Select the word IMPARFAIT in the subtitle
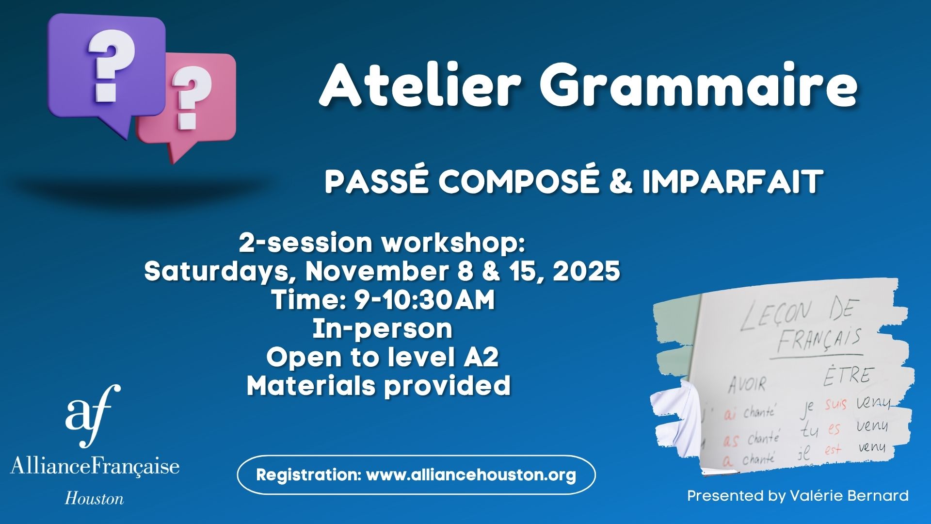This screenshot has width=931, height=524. [x=732, y=181]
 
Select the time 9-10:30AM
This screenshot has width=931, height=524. [x=425, y=299]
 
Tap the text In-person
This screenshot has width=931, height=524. [x=383, y=328]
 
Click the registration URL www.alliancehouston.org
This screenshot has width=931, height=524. [x=471, y=475]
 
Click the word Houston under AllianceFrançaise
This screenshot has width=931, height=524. [x=95, y=498]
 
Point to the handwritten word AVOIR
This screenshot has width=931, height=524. [x=747, y=385]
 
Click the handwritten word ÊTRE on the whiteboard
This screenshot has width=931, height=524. [x=849, y=374]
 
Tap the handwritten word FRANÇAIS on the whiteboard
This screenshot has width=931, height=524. [x=819, y=340]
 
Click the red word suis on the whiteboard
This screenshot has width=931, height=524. [x=836, y=405]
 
